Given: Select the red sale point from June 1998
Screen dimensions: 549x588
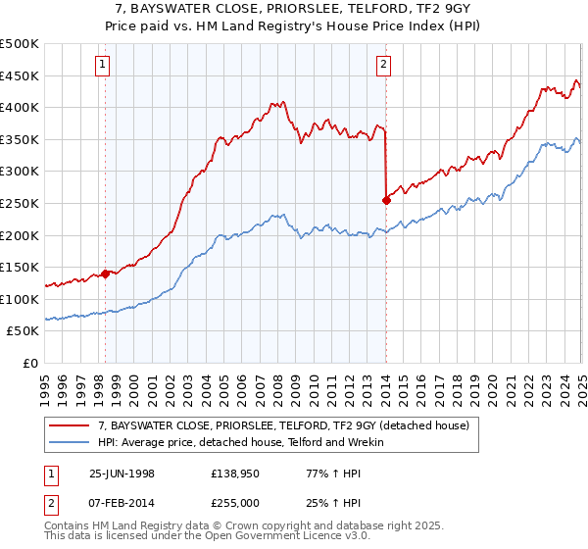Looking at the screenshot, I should click(x=106, y=274).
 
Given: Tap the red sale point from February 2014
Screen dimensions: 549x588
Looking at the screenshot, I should click(x=386, y=200).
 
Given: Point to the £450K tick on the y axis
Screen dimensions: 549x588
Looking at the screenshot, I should click(x=21, y=75).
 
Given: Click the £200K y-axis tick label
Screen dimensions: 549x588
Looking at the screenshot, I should click(x=21, y=235).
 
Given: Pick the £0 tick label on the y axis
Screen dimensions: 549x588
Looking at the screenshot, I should click(x=30, y=363).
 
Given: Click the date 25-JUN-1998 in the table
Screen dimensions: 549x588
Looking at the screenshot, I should click(x=122, y=474).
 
